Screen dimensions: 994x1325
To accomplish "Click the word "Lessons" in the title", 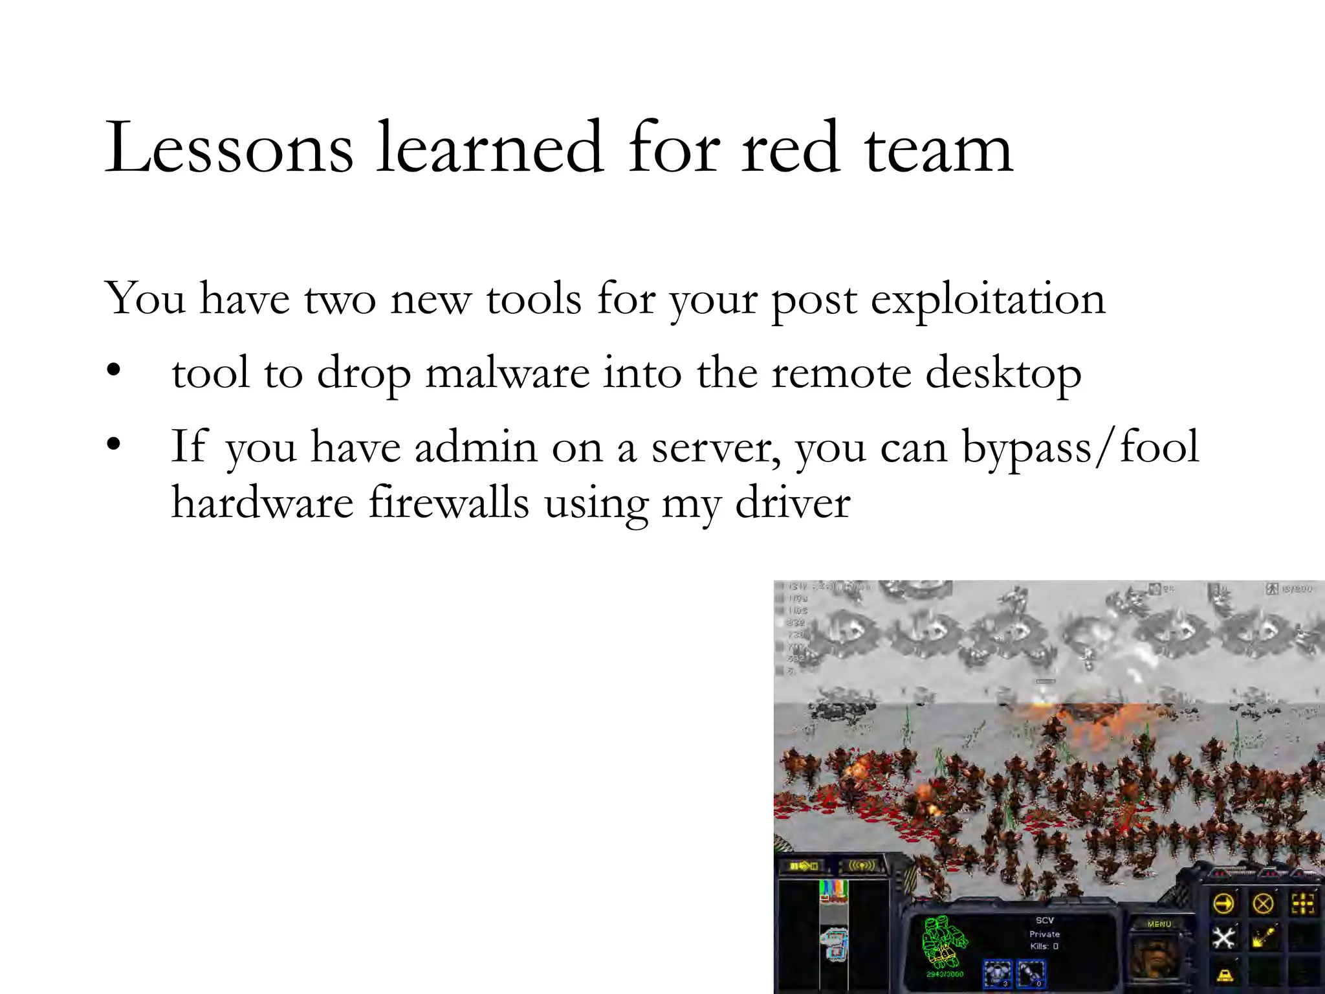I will (229, 148).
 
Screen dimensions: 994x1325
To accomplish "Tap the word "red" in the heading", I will (791, 148).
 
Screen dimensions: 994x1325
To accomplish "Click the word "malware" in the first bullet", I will (507, 374).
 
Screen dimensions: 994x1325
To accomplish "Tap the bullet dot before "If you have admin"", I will (114, 445).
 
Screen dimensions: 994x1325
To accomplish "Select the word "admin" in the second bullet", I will (476, 447).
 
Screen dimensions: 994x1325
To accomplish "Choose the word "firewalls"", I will (449, 503).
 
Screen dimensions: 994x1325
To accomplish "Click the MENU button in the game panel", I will (1159, 924).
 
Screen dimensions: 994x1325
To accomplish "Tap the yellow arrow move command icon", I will (1223, 903).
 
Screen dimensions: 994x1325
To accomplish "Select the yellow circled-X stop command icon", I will (1262, 903).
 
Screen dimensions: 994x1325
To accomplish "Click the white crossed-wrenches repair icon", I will (1223, 938).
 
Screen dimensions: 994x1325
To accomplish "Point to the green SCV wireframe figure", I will (944, 942).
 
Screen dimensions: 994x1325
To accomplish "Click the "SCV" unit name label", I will (1044, 920).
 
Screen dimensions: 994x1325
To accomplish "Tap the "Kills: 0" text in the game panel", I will (1044, 946).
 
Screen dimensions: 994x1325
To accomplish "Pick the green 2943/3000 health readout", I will (945, 974).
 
